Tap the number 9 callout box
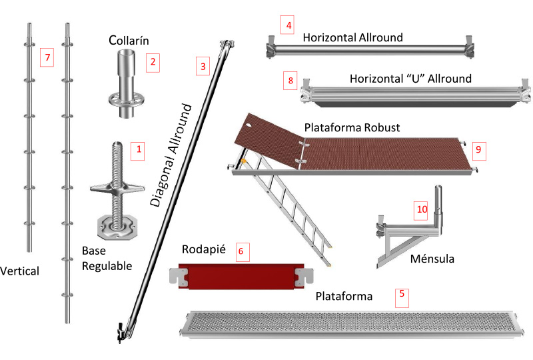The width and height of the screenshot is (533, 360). tap(478, 149)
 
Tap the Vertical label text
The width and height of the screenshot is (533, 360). tap(20, 271)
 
